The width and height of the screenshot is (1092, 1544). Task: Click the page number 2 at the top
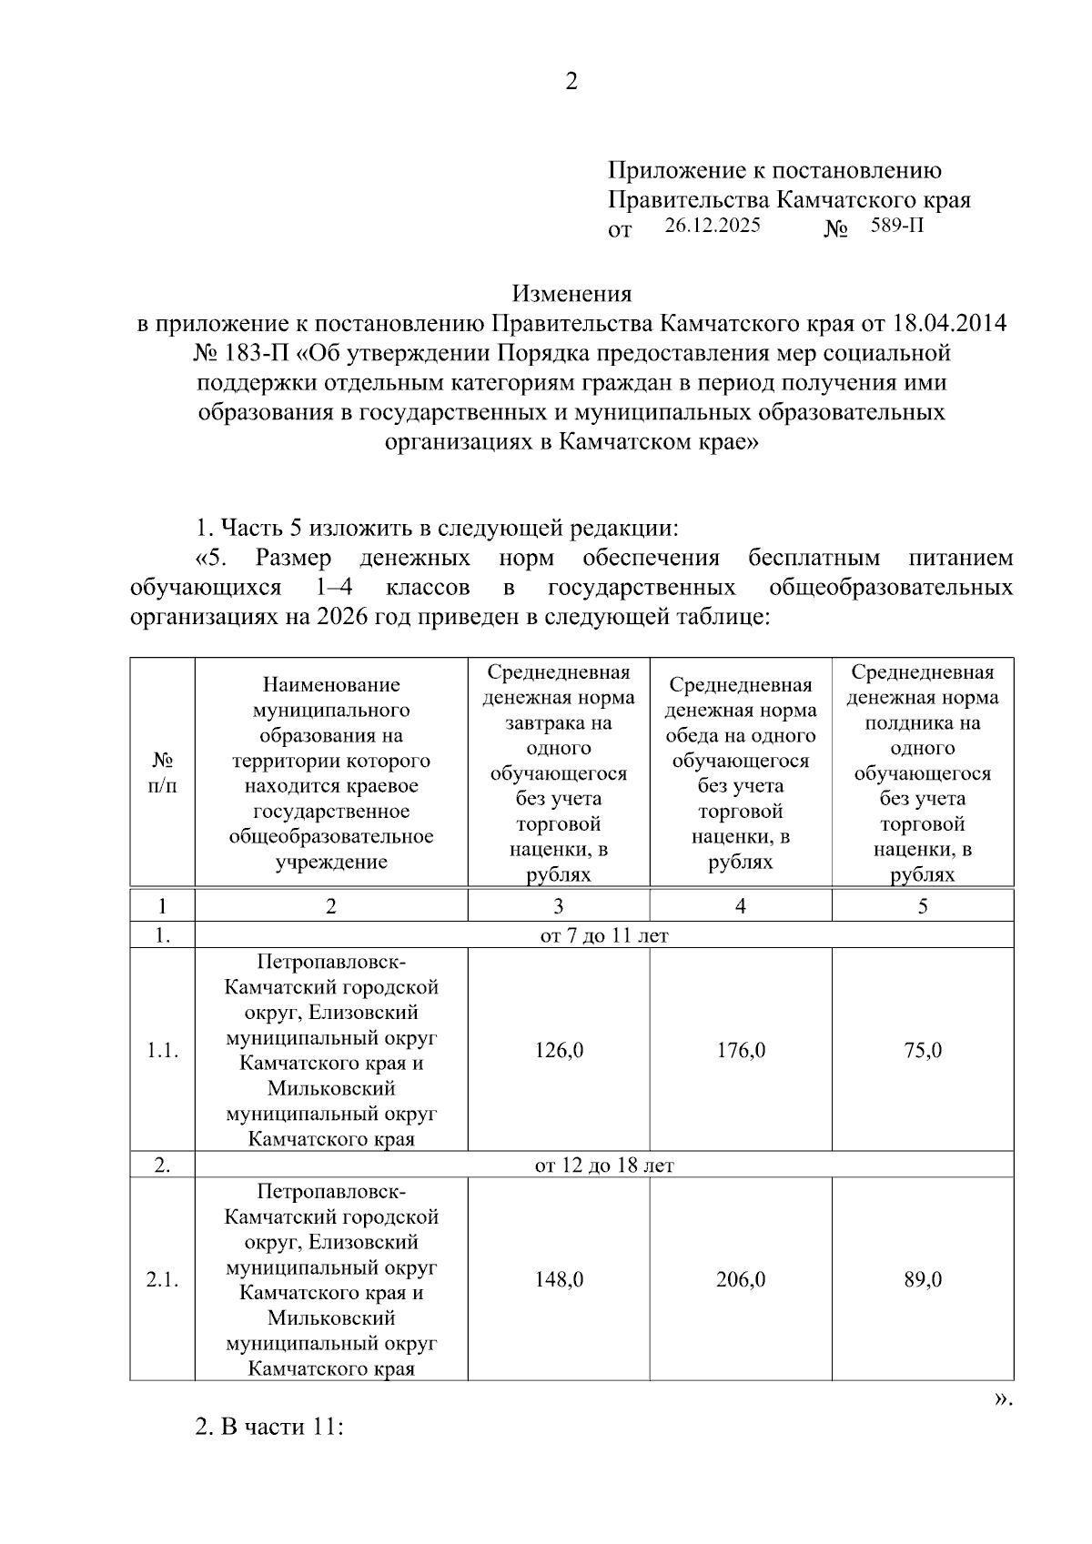point(571,82)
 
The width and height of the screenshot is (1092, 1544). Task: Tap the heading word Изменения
point(571,294)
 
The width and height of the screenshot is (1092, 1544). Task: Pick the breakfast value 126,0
point(559,1050)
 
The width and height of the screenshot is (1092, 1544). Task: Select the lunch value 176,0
point(741,1050)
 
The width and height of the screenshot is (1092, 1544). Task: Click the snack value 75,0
point(923,1050)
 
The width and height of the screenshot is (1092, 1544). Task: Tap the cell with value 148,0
point(559,1279)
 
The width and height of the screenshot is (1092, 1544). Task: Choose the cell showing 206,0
point(741,1279)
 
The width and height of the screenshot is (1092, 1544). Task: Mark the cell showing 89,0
point(923,1279)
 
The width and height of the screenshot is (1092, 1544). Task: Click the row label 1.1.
point(162,1050)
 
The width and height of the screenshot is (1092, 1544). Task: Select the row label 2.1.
point(162,1279)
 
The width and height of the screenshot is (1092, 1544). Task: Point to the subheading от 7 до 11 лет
point(604,935)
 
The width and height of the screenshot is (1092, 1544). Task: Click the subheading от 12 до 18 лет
point(604,1165)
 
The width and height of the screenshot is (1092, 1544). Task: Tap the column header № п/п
point(162,772)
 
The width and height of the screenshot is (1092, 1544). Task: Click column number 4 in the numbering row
point(741,906)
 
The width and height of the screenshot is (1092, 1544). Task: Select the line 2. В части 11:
point(269,1426)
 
